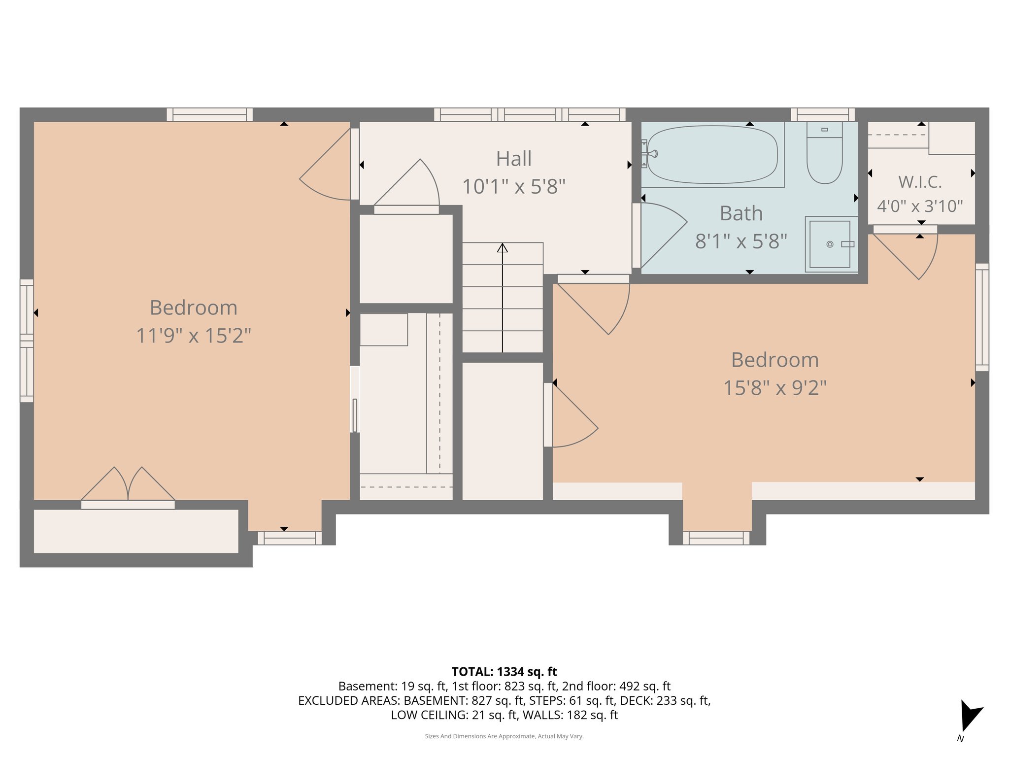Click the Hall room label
[513, 159]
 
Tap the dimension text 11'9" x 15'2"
[194, 336]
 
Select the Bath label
[741, 214]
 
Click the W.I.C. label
[920, 182]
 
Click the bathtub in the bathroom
[712, 155]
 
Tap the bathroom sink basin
[830, 244]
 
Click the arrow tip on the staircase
[502, 247]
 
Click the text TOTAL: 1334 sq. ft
[504, 672]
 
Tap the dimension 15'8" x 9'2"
[774, 388]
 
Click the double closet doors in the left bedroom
[128, 485]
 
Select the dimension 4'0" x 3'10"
[920, 206]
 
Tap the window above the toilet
[823, 115]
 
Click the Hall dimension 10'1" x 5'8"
[513, 187]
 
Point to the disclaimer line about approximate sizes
[504, 736]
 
